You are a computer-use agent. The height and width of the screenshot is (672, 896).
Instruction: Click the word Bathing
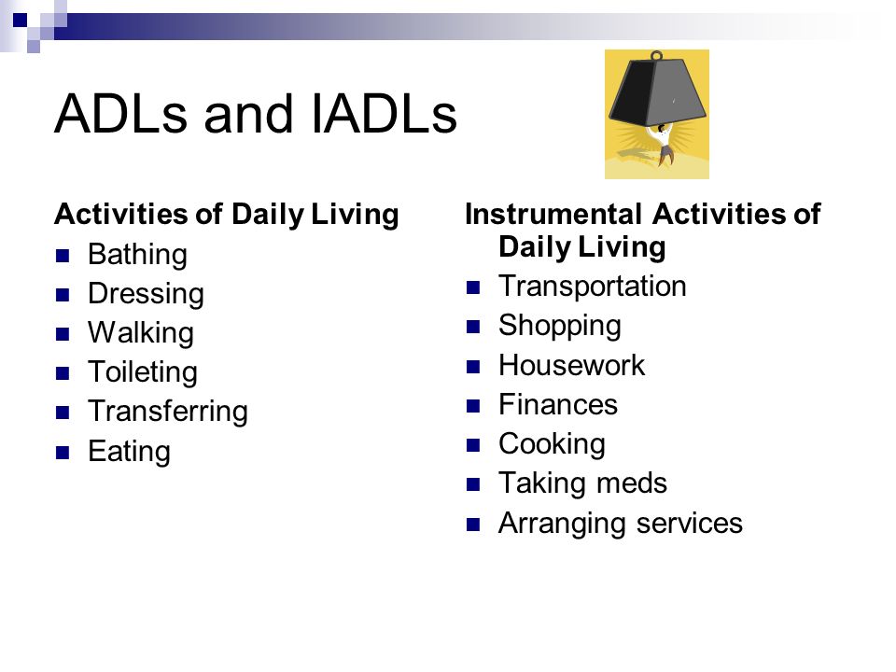click(x=137, y=255)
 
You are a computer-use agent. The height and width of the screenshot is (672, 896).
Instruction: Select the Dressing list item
click(x=146, y=294)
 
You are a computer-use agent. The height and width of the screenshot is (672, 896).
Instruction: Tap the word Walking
click(x=141, y=333)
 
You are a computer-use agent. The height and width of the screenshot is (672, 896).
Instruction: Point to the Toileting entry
click(x=143, y=372)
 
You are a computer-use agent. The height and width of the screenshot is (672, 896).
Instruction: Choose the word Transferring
click(x=168, y=412)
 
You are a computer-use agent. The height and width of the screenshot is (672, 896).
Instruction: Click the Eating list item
click(x=129, y=452)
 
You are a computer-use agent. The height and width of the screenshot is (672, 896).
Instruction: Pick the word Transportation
click(x=592, y=286)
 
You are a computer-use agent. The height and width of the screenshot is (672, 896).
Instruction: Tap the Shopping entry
click(x=559, y=327)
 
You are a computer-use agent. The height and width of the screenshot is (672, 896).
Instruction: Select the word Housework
click(x=571, y=365)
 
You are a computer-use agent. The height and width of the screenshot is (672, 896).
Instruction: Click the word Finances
click(x=558, y=404)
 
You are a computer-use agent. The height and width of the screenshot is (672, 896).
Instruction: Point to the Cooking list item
click(x=552, y=444)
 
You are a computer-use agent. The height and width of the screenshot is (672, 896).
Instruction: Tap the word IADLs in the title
click(x=385, y=114)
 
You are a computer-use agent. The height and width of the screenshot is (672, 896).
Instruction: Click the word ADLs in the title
click(x=120, y=114)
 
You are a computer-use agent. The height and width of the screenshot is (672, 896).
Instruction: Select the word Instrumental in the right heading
click(x=553, y=215)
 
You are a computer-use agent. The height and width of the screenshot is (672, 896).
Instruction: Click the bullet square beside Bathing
click(x=63, y=256)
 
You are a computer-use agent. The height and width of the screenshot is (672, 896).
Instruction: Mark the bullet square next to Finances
click(x=472, y=406)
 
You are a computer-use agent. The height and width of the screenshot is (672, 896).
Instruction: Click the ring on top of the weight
click(x=656, y=55)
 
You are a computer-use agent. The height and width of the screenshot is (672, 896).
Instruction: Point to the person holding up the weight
click(x=663, y=143)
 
